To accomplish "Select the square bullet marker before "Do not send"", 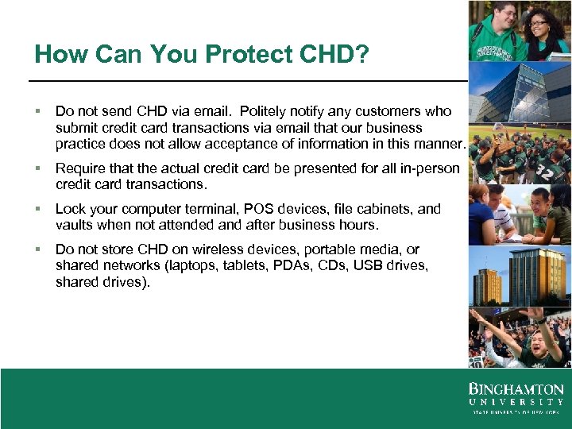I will click(x=38, y=111).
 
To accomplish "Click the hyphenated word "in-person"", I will click(x=431, y=168).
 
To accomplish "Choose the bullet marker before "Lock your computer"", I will click(x=38, y=209).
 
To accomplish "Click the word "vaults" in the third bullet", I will click(x=74, y=225).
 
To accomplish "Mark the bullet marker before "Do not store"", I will click(x=38, y=249).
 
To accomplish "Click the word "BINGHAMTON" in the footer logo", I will click(x=516, y=390).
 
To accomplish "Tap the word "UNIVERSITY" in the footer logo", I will click(x=516, y=402).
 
